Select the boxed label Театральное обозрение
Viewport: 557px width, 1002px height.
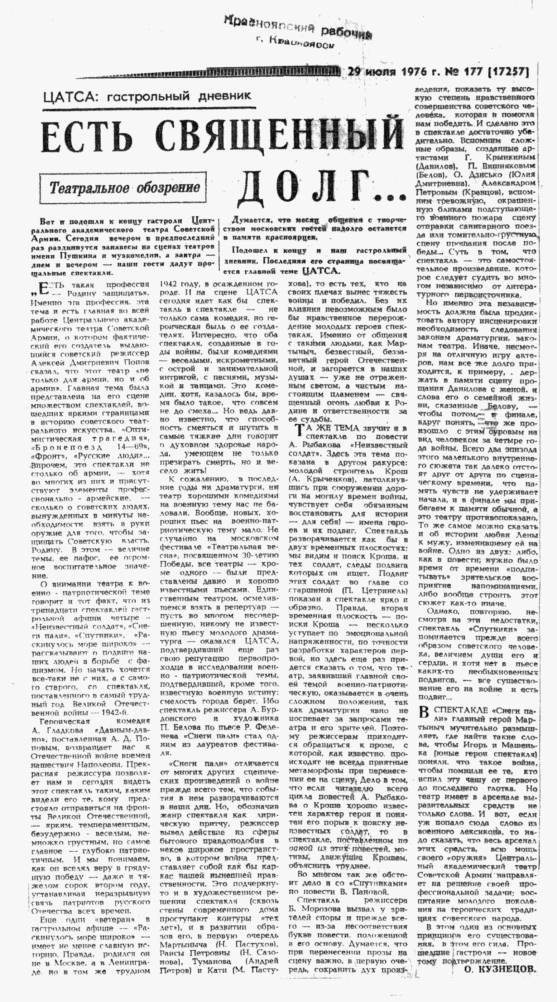pos(123,188)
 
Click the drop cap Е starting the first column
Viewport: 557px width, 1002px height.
pos(44,288)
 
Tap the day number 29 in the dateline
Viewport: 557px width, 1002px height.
pos(355,72)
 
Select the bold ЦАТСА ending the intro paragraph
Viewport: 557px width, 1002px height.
pos(321,271)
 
